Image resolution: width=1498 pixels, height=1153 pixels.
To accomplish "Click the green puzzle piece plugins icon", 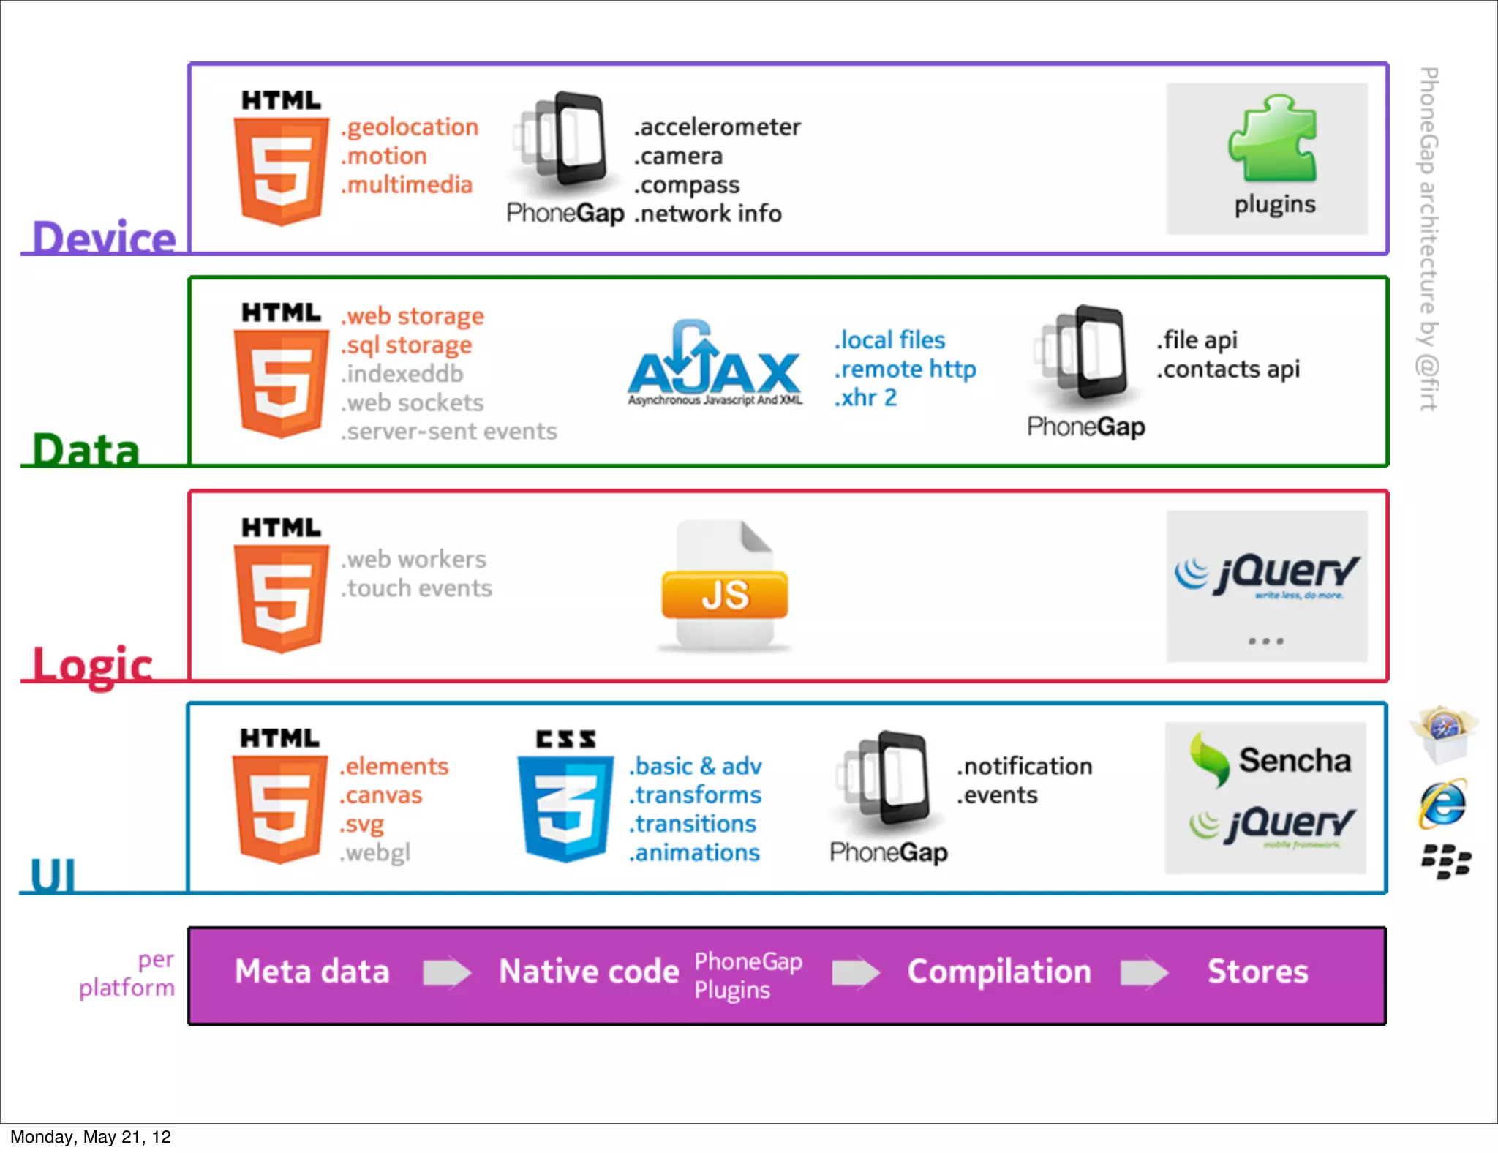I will pyautogui.click(x=1273, y=139).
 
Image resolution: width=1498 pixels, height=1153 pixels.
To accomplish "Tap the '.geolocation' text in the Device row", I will pyautogui.click(x=410, y=127).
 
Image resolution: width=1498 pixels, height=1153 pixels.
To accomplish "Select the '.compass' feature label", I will pyautogui.click(x=687, y=185).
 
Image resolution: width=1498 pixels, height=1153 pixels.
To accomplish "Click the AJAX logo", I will pyautogui.click(x=714, y=364).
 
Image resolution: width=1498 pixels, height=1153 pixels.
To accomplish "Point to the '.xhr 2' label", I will pyautogui.click(x=865, y=398).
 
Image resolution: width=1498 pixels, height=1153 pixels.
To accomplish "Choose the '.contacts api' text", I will pyautogui.click(x=1228, y=369).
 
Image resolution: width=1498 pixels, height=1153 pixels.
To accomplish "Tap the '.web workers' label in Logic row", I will pyautogui.click(x=414, y=560).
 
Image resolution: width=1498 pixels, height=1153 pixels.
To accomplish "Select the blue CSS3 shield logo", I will pyautogui.click(x=565, y=805).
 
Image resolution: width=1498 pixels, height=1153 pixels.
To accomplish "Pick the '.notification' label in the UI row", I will pyautogui.click(x=1024, y=767).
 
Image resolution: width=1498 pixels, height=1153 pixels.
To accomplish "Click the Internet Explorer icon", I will pyautogui.click(x=1443, y=804).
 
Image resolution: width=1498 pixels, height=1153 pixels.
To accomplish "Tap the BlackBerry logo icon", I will pyautogui.click(x=1445, y=861).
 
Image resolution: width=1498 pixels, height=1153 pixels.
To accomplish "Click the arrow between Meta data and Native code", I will pyautogui.click(x=447, y=972).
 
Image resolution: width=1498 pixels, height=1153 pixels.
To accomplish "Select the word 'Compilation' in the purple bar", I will pyautogui.click(x=999, y=972).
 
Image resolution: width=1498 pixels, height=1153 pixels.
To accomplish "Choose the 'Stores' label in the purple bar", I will pyautogui.click(x=1257, y=972).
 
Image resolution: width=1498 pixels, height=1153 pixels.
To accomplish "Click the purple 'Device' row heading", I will pyautogui.click(x=104, y=238).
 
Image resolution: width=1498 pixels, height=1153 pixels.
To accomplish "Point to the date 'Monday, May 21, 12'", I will pyautogui.click(x=91, y=1137).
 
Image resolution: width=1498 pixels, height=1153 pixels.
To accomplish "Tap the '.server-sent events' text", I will pyautogui.click(x=449, y=432).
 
